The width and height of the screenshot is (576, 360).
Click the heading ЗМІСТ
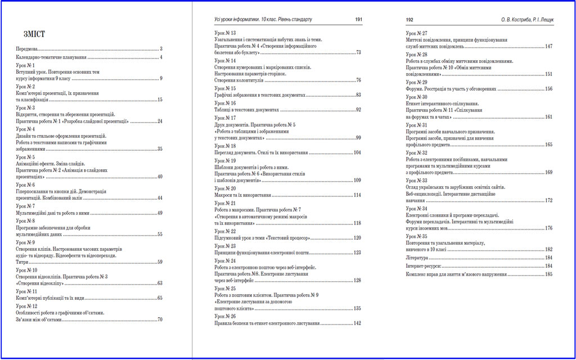tap(30, 34)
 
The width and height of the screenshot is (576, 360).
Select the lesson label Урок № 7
tap(25, 206)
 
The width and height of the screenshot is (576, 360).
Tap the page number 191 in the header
tap(358, 20)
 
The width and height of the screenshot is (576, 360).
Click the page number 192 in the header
tap(410, 20)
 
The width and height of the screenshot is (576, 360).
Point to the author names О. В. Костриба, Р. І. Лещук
tap(527, 20)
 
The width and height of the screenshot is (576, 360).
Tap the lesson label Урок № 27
tap(416, 33)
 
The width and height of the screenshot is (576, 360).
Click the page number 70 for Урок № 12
tap(160, 319)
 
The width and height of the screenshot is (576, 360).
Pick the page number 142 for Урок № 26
tap(357, 323)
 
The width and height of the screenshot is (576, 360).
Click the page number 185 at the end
tap(548, 274)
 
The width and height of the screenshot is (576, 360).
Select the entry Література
tap(417, 257)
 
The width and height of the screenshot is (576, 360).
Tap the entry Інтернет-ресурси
tap(422, 265)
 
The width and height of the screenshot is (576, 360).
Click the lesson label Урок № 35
tap(416, 236)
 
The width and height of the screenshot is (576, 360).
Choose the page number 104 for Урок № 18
tap(357, 153)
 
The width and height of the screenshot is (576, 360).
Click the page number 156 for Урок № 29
tap(548, 89)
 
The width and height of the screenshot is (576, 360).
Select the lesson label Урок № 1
tap(25, 65)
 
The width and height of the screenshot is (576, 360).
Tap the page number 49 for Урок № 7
tap(160, 213)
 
